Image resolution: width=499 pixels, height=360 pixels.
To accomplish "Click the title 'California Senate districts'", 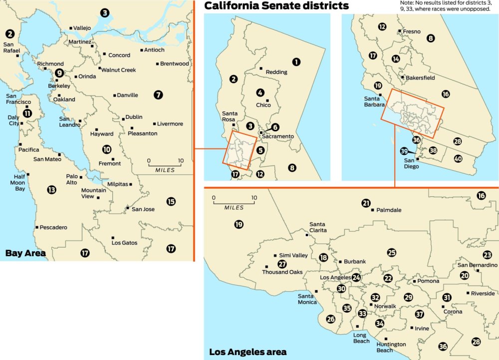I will pos(276,6).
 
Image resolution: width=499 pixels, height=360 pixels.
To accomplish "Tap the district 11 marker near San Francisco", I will pos(27,113).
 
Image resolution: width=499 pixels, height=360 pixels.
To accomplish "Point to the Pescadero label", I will pos(53,227).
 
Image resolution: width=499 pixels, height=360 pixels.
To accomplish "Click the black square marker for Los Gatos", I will pos(113,238).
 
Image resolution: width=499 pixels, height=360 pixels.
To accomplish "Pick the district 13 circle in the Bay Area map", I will pos(51,190).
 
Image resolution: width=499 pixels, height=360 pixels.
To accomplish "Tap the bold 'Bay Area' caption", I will pos(25,253).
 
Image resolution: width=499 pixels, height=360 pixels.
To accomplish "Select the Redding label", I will pos(276,72).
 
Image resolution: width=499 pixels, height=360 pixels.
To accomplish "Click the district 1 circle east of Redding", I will pos(296,62).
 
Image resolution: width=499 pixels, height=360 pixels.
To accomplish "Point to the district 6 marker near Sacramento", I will pos(275,127).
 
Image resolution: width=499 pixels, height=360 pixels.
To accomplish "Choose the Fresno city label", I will pos(412,31).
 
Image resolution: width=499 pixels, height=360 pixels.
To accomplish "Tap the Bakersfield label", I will pos(419,78).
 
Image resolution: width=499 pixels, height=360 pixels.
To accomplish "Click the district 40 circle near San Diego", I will pos(458,159).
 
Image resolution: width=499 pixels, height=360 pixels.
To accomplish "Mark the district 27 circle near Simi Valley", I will pos(282,264).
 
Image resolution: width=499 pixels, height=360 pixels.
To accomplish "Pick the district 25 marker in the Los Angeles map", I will pos(392,253).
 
